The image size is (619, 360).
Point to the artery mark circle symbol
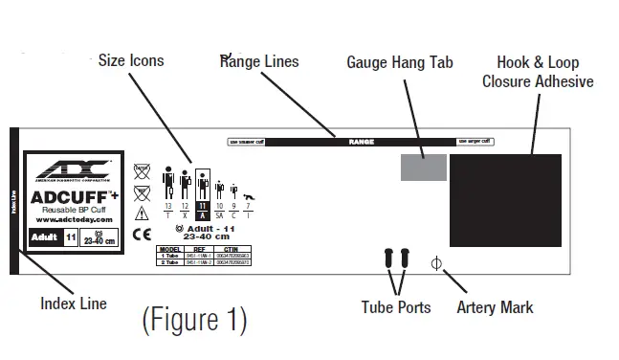436,261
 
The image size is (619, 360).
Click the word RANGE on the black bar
361,142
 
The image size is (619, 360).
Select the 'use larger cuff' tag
475,142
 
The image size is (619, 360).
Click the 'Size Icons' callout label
131,60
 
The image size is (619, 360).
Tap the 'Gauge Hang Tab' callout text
399,62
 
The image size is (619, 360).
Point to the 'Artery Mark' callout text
495,307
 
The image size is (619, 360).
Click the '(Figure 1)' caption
194,319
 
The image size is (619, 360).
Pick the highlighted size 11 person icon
202,184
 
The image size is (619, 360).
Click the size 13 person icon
167,184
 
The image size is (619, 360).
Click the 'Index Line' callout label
73,304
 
